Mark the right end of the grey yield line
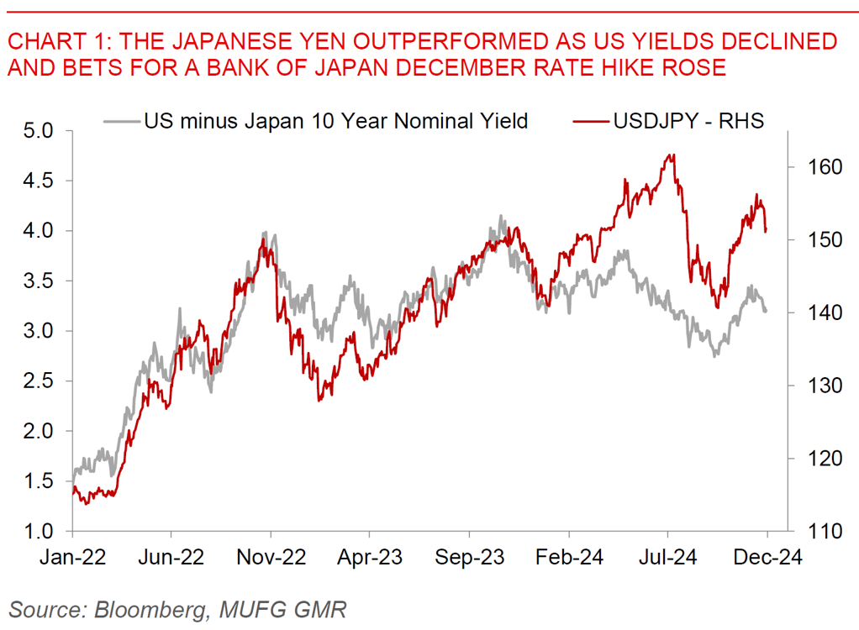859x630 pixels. (766, 312)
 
